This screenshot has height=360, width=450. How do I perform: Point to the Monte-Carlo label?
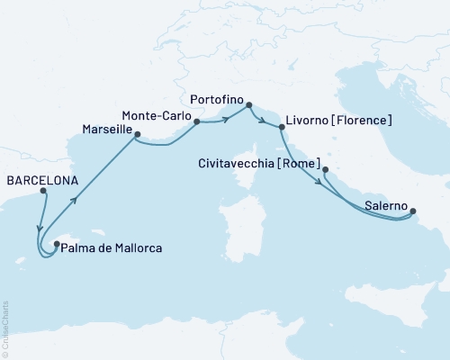[156, 114]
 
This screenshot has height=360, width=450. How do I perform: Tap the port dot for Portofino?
[249, 104]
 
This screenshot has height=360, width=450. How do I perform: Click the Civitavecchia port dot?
[325, 169]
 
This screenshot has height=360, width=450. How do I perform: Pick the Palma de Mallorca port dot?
[57, 242]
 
